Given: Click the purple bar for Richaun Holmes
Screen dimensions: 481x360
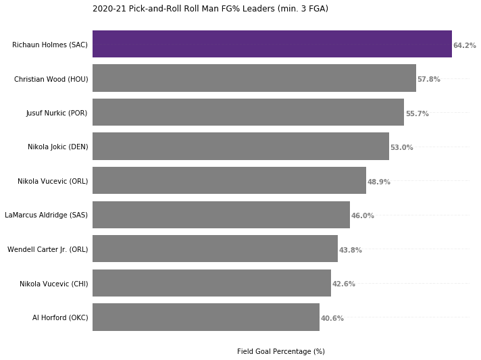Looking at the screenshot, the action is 272,44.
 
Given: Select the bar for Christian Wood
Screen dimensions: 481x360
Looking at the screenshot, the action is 254,78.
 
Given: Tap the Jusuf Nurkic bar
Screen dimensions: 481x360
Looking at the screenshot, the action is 248,112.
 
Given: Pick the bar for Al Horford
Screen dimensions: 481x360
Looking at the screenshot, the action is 206,317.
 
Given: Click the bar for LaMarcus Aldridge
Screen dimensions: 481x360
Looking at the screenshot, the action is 221,215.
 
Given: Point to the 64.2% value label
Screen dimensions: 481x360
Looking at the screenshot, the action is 465,45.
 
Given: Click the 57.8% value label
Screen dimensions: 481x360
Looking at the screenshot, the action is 429,79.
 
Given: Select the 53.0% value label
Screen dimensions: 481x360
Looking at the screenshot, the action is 401,147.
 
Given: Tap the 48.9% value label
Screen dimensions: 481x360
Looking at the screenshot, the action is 379,182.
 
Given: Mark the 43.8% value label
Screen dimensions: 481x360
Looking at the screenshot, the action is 351,250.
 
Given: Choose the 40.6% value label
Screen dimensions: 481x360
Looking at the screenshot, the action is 332,318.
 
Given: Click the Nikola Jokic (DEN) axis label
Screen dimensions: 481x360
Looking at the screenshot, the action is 58,147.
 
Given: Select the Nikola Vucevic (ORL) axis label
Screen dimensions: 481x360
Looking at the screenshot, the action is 53,181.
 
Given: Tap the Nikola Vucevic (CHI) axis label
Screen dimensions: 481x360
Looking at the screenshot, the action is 53,284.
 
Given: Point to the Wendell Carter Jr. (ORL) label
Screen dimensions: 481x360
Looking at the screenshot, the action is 47,250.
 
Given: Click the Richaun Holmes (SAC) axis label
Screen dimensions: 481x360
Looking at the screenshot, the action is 50,45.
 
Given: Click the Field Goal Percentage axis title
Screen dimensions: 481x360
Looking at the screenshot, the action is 280,351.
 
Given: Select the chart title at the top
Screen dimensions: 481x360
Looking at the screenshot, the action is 211,9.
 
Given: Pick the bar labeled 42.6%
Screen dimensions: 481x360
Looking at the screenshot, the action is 211,283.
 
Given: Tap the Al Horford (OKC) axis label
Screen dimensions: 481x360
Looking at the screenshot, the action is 60,317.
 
